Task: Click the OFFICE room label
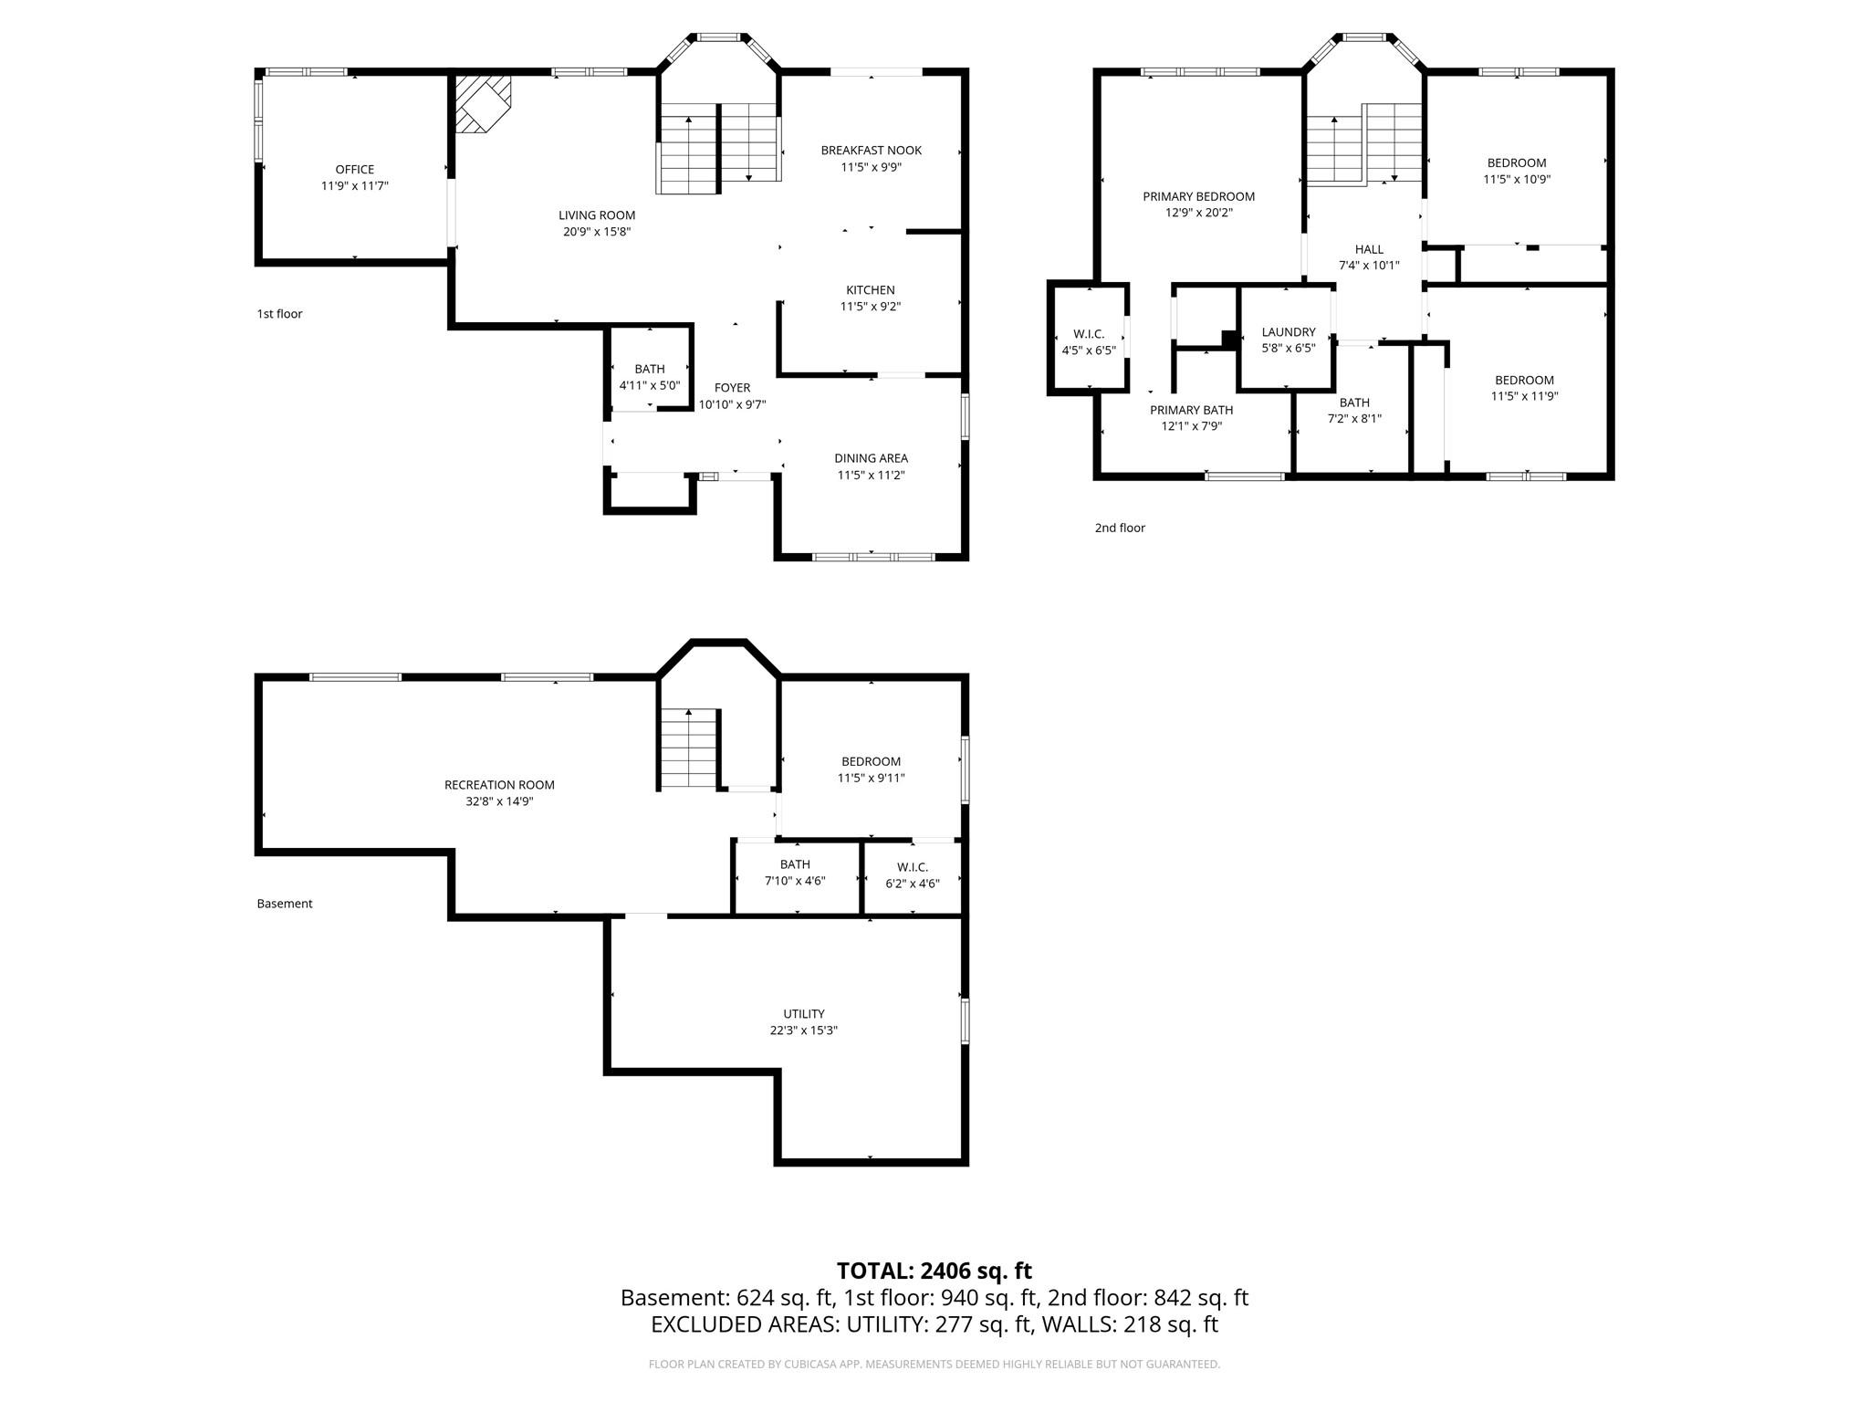pos(354,169)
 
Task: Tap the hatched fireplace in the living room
pos(482,103)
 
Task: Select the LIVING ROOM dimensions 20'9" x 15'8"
pos(597,232)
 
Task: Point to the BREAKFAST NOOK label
pos(871,151)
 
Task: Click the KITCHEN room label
pos(870,290)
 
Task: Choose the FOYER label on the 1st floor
pos(732,388)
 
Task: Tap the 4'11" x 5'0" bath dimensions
pos(650,385)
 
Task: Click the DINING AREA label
pos(871,458)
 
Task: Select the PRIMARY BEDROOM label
pos(1198,196)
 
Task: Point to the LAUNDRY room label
pos(1288,332)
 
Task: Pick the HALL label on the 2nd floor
pos(1368,249)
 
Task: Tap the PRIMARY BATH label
pos(1191,410)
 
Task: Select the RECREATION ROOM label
pos(499,785)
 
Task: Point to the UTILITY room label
pos(803,1014)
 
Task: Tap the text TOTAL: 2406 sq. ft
pos(934,1271)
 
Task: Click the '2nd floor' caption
pos(1120,528)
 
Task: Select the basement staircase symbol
pos(689,748)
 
